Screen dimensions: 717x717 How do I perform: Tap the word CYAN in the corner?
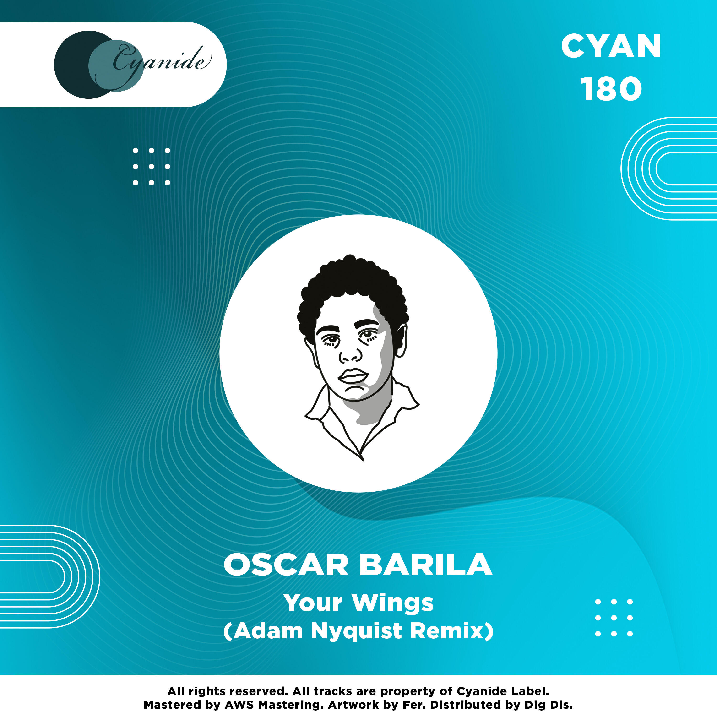(611, 46)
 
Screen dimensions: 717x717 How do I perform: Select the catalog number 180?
(611, 89)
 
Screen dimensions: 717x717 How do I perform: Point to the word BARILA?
(426, 565)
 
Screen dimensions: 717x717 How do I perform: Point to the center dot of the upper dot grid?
(152, 167)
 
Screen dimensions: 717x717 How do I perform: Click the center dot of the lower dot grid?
(614, 618)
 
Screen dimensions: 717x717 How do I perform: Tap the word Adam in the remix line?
(268, 630)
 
